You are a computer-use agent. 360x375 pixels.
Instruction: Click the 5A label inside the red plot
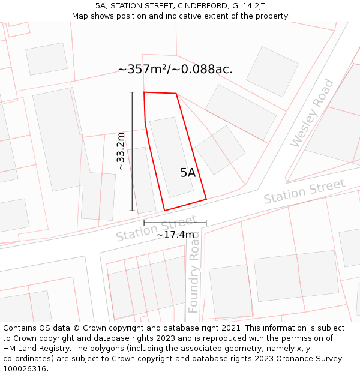click(x=188, y=173)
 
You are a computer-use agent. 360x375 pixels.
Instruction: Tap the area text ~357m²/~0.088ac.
click(x=175, y=69)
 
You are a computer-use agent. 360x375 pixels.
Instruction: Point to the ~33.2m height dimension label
click(x=121, y=151)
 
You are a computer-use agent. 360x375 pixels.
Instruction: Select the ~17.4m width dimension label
click(x=175, y=235)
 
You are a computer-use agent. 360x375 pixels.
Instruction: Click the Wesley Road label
click(x=313, y=113)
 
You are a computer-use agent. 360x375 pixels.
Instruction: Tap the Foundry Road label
click(x=193, y=274)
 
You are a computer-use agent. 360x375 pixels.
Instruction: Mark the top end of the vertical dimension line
click(x=132, y=92)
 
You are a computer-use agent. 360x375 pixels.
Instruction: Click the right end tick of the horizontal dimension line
click(x=206, y=223)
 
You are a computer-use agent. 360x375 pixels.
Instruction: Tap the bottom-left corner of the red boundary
click(x=164, y=211)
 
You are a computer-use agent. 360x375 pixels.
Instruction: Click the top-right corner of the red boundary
click(x=176, y=94)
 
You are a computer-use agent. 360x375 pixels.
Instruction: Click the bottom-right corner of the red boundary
click(x=206, y=199)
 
